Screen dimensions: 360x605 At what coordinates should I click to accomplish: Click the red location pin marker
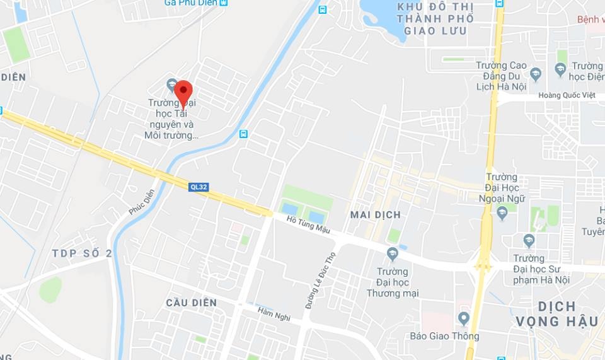(x=183, y=93)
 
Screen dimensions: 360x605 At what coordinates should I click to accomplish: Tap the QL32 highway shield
(x=199, y=187)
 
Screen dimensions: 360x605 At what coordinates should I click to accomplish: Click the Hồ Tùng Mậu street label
(x=308, y=224)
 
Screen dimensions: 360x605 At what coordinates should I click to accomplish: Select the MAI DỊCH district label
(x=375, y=215)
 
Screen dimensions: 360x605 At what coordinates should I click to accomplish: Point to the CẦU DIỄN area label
(x=192, y=303)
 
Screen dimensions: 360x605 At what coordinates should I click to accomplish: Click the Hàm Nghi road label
(x=274, y=312)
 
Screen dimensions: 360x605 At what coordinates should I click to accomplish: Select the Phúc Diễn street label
(x=142, y=202)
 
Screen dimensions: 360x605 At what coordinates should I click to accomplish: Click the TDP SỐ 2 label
(x=82, y=253)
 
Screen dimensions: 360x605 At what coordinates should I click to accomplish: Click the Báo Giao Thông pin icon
(x=464, y=317)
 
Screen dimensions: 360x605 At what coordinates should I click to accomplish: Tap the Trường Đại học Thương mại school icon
(x=393, y=254)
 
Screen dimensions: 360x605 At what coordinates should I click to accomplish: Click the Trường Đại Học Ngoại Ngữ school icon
(x=502, y=213)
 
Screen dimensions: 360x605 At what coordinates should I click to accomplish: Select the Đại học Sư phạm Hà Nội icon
(x=529, y=240)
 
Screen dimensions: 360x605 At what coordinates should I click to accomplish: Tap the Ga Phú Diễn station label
(x=190, y=3)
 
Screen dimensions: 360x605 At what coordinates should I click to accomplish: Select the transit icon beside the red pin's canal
(x=244, y=134)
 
